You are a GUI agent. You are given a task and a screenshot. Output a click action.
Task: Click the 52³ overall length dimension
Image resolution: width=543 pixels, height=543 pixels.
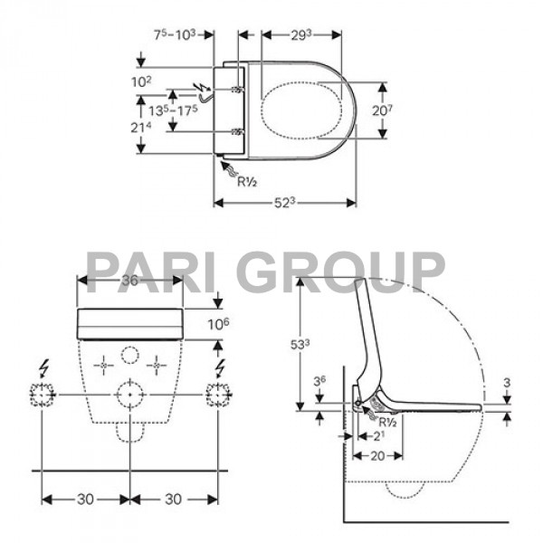tap(285, 203)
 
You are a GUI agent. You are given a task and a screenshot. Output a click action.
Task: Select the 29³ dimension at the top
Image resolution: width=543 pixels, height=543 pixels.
tap(301, 35)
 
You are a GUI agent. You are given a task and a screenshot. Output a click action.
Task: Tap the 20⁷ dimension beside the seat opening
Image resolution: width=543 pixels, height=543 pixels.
tap(383, 110)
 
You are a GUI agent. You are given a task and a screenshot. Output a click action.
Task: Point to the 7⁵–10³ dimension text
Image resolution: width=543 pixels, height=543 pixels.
tap(175, 34)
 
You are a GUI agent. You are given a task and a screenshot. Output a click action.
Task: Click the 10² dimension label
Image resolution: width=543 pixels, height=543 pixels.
tap(141, 81)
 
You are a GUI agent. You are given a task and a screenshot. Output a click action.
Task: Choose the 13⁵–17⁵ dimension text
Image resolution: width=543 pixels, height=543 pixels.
tap(173, 110)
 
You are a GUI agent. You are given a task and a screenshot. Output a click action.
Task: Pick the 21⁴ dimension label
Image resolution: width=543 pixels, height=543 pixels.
tap(141, 128)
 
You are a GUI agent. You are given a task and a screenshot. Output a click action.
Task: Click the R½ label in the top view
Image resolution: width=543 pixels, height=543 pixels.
tap(247, 182)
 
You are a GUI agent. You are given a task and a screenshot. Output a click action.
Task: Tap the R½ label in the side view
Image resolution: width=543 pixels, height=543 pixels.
tap(387, 422)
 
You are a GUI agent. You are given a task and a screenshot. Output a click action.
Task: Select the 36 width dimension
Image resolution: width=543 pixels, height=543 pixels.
tap(130, 281)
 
